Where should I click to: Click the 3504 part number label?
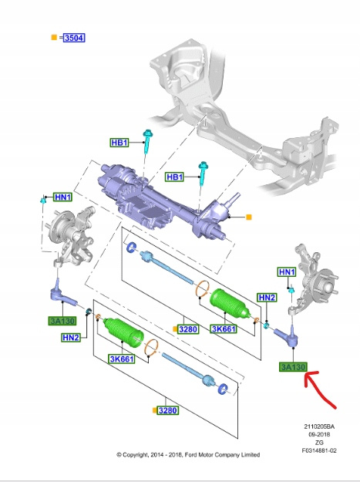coord(74,38)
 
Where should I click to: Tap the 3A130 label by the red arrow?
coord(293,367)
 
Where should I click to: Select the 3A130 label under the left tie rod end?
coord(62,321)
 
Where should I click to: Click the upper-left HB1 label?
coord(119,143)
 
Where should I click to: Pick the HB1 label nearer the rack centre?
coord(174,177)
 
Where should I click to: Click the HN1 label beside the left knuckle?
coord(63,197)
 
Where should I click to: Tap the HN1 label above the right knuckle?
coord(287,272)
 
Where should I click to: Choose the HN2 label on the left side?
coord(71,338)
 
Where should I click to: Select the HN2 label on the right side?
coord(267,298)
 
